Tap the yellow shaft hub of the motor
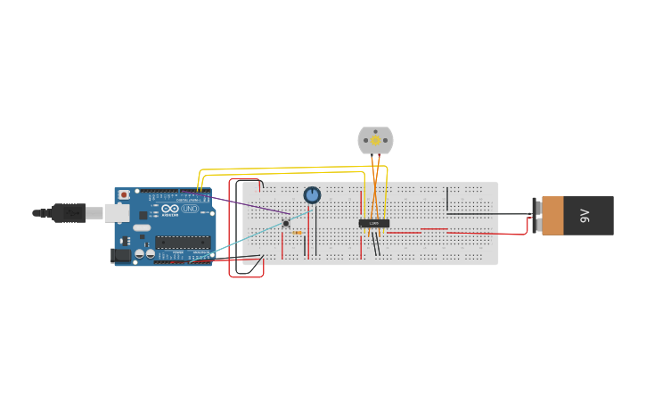point(375,140)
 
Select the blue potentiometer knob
point(312,194)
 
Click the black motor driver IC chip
point(374,223)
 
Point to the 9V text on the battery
point(585,216)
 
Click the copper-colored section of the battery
point(552,216)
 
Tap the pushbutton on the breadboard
point(286,223)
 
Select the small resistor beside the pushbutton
point(298,233)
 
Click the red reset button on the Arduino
point(124,194)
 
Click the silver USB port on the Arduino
point(117,212)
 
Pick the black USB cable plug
point(68,212)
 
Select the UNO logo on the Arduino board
point(190,209)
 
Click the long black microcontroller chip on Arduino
point(183,242)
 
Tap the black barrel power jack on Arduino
point(119,255)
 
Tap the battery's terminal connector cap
point(536,216)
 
